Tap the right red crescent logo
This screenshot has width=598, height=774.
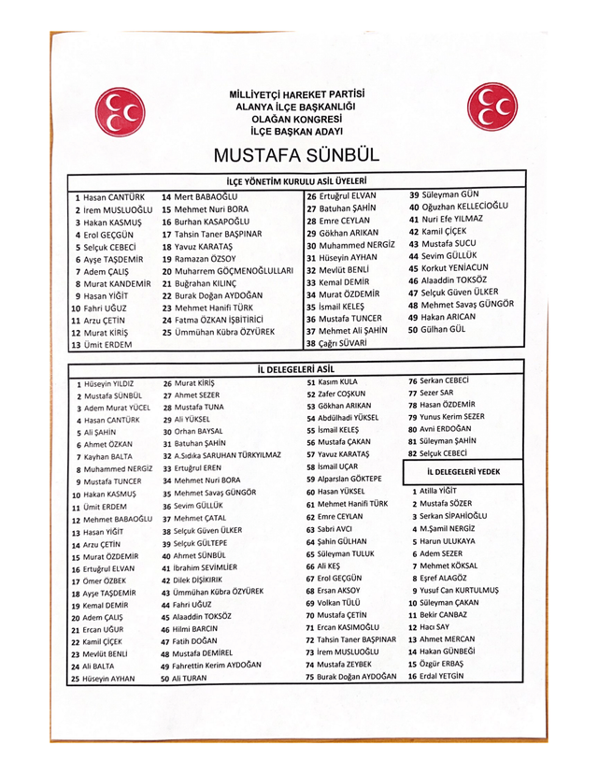[492, 107]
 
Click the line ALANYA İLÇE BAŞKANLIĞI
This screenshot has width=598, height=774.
[296, 107]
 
